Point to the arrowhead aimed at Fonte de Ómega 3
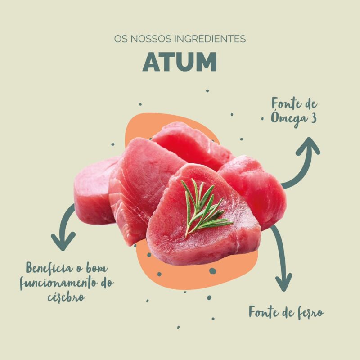click(309, 145)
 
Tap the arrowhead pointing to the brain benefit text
click(63, 242)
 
